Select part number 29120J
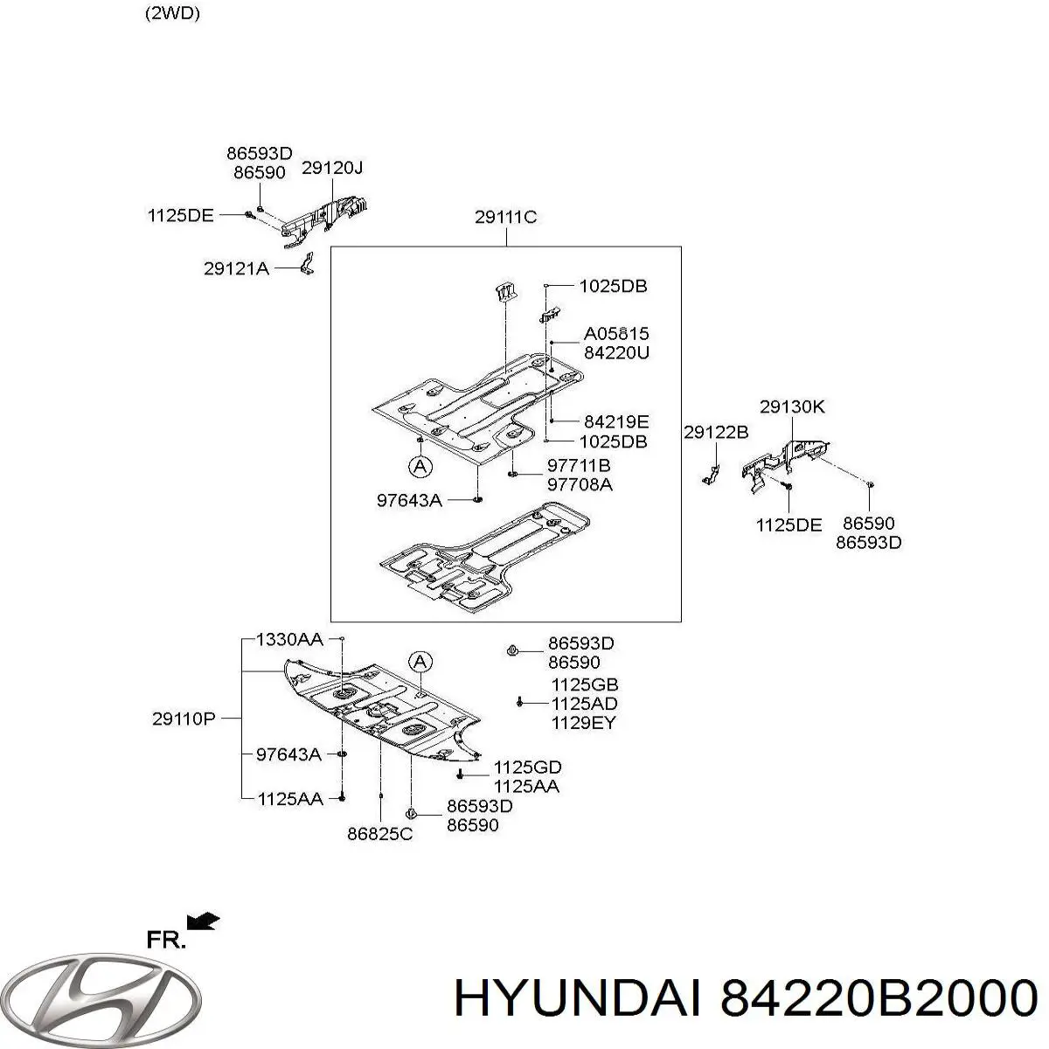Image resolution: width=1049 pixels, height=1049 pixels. tap(332, 169)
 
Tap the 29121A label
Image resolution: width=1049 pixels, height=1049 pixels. tap(236, 269)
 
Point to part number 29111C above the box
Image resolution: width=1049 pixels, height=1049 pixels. tap(505, 218)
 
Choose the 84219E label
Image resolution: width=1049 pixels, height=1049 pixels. tap(616, 421)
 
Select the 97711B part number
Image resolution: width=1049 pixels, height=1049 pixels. tap(579, 465)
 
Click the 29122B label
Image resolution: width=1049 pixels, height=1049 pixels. tap(716, 432)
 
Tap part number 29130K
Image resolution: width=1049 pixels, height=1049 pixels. tap(792, 406)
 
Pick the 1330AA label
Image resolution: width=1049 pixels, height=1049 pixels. tap(289, 640)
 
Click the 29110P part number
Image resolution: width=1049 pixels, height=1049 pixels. tap(184, 719)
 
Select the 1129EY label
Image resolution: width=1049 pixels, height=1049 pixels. tap(583, 723)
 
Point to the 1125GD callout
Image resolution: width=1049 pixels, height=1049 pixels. tap(527, 767)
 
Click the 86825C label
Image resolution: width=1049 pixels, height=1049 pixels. tap(379, 834)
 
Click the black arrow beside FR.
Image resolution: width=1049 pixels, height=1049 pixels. tap(204, 920)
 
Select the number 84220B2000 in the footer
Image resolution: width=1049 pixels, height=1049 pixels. tap(877, 997)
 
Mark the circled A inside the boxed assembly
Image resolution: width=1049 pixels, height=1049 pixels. tap(420, 467)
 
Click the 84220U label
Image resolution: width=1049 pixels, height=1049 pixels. tap(616, 353)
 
